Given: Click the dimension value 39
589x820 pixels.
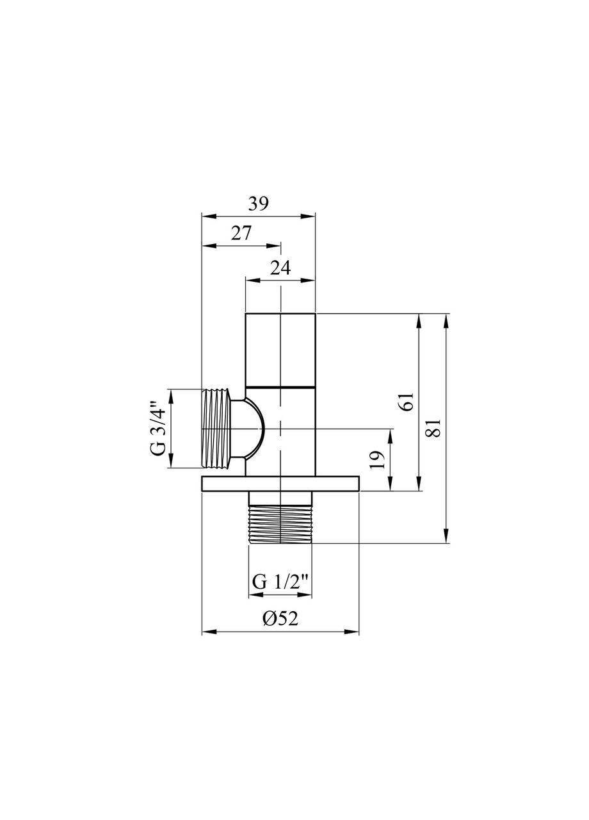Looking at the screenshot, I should pos(258,204).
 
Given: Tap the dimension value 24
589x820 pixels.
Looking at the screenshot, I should pos(280,268).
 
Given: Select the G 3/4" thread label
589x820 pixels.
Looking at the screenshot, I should pos(157,428).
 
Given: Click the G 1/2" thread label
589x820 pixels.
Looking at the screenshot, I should pos(280,582).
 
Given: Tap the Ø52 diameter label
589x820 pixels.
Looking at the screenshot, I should pos(280,618).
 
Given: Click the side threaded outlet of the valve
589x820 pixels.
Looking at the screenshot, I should pos(216,428).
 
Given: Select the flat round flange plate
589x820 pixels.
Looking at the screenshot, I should pos(280,484).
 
